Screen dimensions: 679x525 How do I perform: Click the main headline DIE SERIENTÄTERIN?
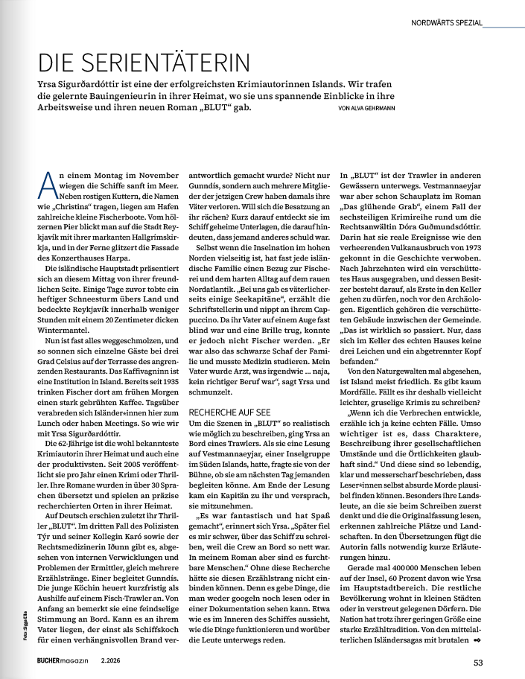pos(144,62)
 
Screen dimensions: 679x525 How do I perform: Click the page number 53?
pos(480,661)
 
